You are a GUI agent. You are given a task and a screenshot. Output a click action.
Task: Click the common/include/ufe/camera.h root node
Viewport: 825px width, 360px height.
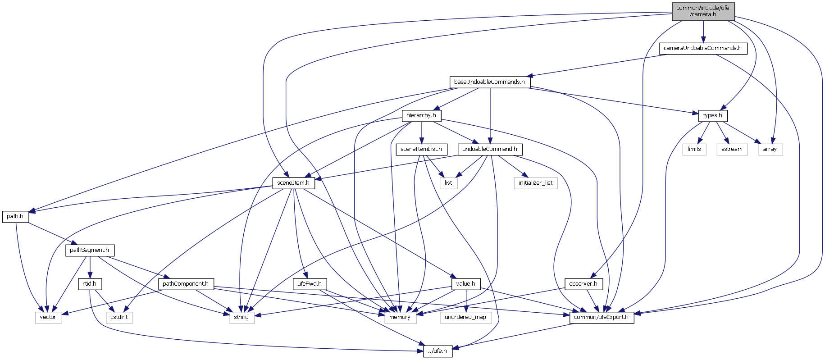point(703,11)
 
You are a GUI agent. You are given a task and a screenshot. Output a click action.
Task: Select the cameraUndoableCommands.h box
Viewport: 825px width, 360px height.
point(702,48)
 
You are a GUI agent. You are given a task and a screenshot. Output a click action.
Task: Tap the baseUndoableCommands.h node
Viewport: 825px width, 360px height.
point(489,82)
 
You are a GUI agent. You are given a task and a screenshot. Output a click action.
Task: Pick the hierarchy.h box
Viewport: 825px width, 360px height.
point(421,115)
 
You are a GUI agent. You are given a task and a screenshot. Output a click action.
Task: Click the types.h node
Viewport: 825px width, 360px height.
point(713,115)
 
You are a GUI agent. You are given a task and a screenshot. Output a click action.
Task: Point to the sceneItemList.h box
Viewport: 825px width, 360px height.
point(421,149)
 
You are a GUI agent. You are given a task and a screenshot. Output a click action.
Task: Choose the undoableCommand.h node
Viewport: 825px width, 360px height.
point(489,149)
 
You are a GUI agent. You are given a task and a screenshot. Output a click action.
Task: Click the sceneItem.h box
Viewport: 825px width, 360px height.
point(293,183)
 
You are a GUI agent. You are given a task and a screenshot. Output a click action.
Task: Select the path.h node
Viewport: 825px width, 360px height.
point(15,216)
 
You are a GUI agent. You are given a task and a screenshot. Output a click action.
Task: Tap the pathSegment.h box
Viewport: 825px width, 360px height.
point(90,250)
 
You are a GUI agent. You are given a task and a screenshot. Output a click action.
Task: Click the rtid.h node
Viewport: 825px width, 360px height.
point(90,284)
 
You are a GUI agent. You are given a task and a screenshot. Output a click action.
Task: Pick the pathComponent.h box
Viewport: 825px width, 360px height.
point(186,284)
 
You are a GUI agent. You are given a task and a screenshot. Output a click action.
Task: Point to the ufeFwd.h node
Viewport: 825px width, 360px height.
point(310,284)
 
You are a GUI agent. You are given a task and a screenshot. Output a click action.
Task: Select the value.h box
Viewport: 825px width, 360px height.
point(466,284)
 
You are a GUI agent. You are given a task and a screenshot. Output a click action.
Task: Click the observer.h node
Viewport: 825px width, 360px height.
point(583,284)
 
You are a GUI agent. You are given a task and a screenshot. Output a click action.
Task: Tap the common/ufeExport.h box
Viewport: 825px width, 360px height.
point(602,317)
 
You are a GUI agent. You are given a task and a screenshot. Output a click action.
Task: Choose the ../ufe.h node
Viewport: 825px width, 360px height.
point(438,351)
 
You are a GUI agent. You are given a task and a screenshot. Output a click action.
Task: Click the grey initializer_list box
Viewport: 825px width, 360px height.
point(536,183)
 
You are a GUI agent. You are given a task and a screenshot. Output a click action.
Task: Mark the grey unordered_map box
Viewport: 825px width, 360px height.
point(465,317)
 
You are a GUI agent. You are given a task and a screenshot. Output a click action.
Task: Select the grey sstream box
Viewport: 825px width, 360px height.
point(732,149)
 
